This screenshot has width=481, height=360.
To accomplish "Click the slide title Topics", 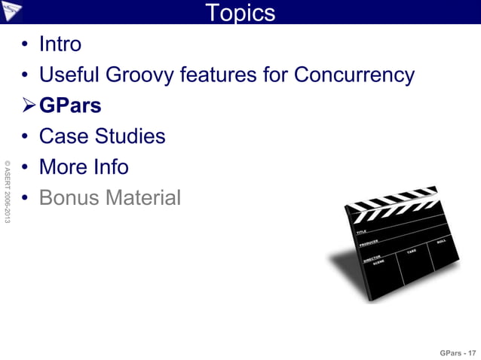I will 240,13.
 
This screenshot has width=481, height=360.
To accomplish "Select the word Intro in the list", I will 60,44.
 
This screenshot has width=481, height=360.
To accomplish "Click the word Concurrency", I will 354,75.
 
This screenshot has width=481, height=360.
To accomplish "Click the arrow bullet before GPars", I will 29,106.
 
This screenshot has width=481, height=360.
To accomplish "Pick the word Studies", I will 130,137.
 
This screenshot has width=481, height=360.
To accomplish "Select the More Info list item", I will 83,167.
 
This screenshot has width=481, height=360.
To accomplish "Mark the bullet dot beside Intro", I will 26,45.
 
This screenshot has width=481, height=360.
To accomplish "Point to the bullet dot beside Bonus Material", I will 26,199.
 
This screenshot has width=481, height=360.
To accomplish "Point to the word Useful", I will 64,75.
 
